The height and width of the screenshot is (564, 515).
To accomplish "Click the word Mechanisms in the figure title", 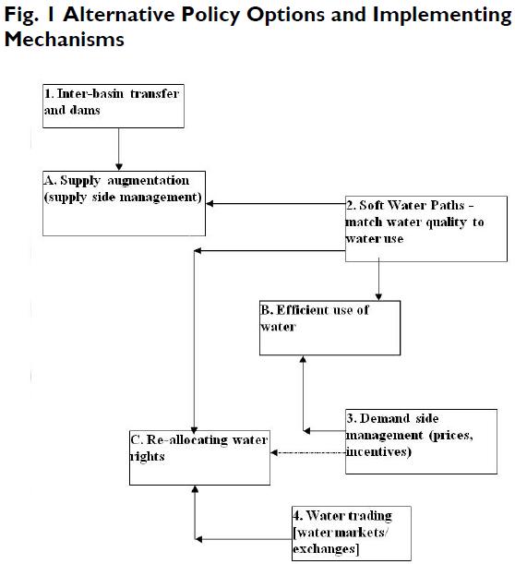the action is coord(65,39).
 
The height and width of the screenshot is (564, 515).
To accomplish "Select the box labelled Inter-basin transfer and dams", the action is coord(114,106).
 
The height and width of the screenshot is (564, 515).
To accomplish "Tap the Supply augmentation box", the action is coord(124,204).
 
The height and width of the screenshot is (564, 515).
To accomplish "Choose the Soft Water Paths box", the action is coord(426,229).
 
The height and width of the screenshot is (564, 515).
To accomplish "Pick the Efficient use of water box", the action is coord(329,328).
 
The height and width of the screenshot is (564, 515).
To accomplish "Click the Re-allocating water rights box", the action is coord(199,458).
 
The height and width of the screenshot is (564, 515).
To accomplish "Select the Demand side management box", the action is coord(421,441).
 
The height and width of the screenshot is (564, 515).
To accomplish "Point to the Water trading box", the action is coord(352,534).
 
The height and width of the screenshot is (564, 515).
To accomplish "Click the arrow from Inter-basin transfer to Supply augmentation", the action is coord(119,150).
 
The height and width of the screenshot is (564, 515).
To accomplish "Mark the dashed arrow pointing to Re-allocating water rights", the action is coord(308,452).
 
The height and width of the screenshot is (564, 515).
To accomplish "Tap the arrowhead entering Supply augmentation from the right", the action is coord(210,204).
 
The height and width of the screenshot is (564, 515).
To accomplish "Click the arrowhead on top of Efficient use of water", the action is coord(378,296).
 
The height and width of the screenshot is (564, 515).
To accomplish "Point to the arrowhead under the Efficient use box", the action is coord(303,360).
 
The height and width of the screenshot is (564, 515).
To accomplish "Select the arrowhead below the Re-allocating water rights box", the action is coord(195,489).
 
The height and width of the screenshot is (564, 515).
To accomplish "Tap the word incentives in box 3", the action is coord(378,451).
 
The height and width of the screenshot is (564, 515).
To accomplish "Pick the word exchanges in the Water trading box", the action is coord(326,549).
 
